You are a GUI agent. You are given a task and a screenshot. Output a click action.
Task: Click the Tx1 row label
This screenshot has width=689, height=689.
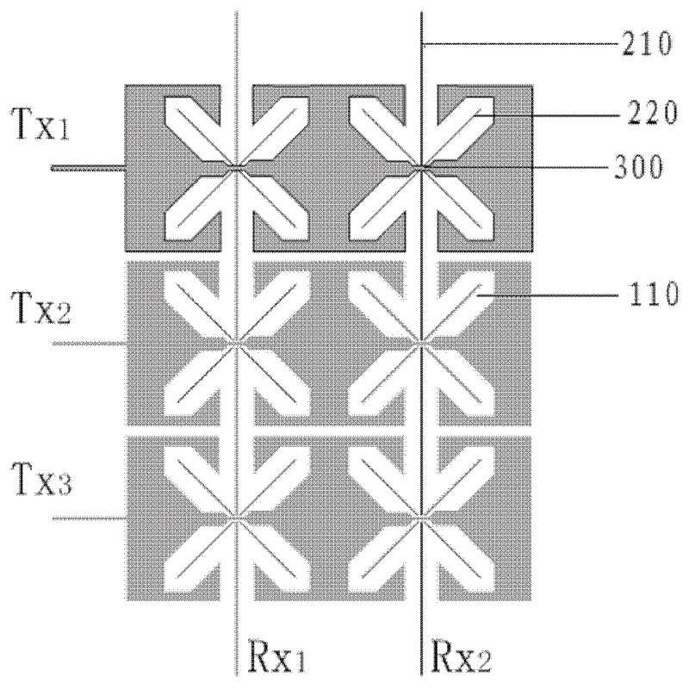[40, 124]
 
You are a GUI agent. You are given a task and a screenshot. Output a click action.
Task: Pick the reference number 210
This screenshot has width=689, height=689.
[648, 43]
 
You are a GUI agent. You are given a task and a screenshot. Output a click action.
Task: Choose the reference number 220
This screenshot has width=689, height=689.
[652, 113]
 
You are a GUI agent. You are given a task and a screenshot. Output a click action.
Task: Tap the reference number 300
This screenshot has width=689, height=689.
[638, 167]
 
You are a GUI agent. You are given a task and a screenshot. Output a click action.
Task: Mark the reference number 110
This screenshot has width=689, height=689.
[654, 294]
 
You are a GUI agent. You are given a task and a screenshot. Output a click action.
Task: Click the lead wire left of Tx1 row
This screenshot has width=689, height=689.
[89, 167]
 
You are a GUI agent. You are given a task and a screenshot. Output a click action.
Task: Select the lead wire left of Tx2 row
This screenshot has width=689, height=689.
[90, 343]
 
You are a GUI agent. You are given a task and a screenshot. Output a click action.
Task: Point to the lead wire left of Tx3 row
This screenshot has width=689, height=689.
[90, 518]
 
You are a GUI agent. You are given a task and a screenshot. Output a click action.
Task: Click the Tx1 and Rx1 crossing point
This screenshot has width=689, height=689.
[237, 167]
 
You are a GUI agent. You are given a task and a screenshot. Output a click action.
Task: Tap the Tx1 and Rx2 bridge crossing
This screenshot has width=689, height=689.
[421, 167]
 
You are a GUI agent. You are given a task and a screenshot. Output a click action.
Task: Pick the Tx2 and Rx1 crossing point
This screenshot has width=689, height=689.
[237, 343]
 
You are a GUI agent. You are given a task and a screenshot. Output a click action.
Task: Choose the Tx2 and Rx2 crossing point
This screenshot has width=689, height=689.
[421, 343]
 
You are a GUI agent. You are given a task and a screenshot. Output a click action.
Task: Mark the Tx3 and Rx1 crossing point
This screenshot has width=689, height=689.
[237, 518]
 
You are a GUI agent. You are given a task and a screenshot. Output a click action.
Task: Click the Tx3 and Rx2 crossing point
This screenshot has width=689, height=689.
[421, 518]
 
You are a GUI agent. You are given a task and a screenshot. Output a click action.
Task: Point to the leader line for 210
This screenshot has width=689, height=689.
[520, 44]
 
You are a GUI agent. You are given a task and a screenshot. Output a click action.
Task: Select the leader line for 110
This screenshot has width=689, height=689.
[548, 295]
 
